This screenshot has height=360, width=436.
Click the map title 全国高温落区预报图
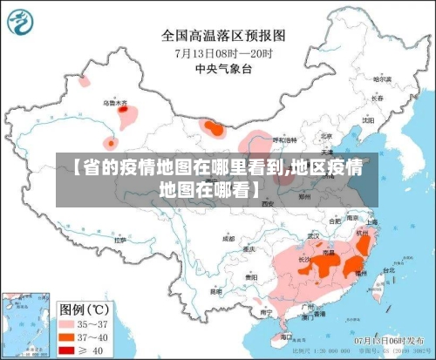[x=223, y=36]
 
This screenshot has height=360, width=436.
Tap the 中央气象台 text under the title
[x=223, y=68]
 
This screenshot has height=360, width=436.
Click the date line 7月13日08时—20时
[x=223, y=52]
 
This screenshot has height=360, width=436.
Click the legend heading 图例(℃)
[x=86, y=309]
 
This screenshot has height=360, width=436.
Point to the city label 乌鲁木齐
[x=115, y=103]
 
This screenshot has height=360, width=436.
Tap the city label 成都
[x=228, y=238]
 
